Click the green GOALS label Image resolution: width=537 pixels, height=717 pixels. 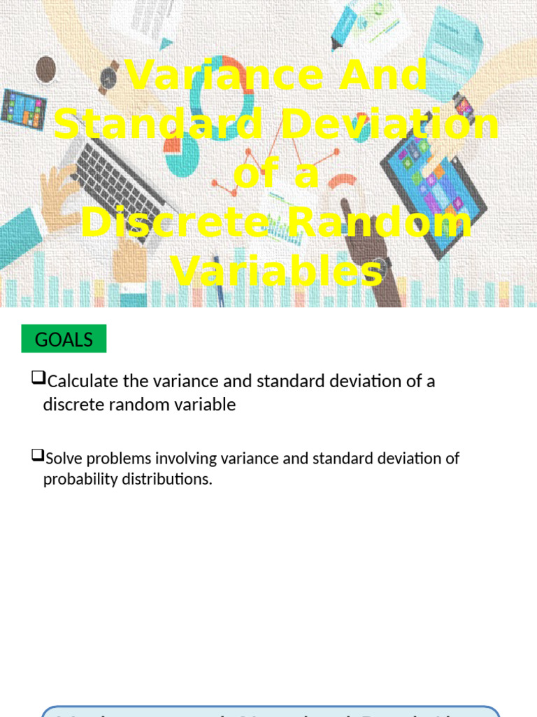pos(64,340)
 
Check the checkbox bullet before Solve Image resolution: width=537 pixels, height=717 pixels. pos(37,456)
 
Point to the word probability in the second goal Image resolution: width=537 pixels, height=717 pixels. pos(78,480)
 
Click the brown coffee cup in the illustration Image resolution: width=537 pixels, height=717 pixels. pos(46,69)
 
